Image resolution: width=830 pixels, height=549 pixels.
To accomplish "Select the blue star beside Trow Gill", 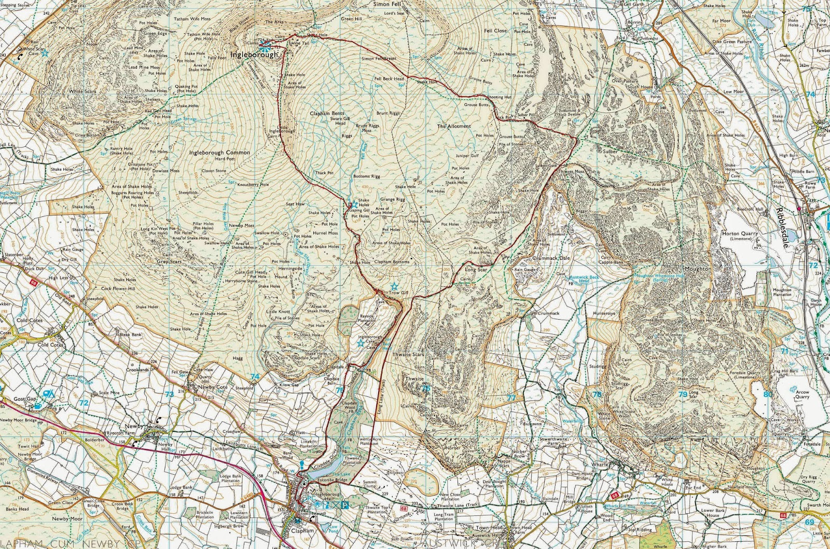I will (x=394, y=286).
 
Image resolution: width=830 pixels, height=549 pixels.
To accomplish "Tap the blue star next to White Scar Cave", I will (x=45, y=52).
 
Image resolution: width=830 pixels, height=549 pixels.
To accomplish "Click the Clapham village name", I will (x=302, y=531).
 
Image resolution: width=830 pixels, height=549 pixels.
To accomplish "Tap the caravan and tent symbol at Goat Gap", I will (x=49, y=394).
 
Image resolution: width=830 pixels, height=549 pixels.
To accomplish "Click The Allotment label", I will (x=454, y=126).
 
